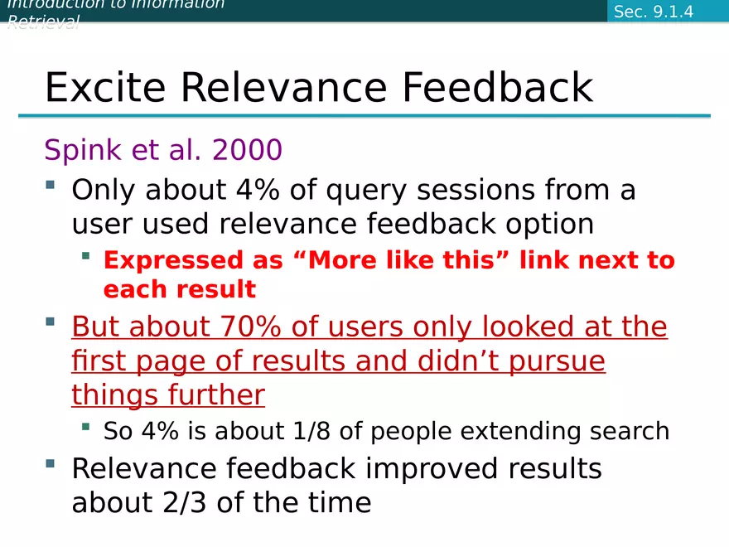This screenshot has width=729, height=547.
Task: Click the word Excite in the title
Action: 105,87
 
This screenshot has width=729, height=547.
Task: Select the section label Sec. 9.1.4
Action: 654,12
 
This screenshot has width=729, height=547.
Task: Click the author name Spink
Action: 83,150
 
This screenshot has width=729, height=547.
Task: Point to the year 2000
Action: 248,150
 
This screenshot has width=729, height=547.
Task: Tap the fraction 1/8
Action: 312,431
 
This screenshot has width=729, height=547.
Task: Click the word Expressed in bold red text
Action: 173,261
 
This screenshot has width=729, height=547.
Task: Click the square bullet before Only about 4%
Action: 51,185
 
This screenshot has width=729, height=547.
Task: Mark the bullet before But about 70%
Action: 51,322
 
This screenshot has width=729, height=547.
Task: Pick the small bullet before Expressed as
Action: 85,255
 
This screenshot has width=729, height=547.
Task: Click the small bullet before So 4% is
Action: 85,427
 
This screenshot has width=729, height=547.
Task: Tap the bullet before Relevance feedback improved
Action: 51,463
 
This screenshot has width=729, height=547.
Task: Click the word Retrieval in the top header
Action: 44,22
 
